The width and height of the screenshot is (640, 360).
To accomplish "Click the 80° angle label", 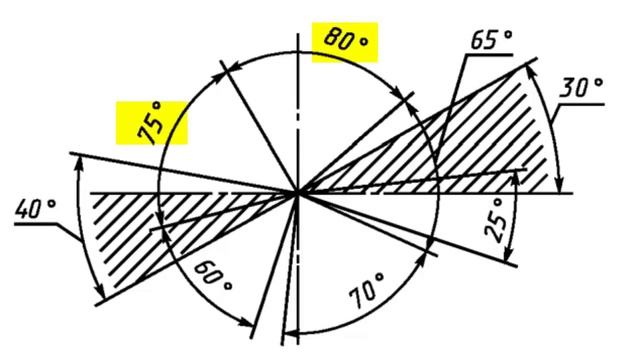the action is (345, 41).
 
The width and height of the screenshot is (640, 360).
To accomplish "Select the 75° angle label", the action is (151, 122).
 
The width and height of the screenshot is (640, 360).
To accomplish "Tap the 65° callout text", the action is (491, 40).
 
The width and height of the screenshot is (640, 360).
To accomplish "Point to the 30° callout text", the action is (581, 88).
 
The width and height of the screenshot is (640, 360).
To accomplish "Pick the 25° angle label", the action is (497, 220).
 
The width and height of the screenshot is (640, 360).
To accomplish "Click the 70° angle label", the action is (367, 291).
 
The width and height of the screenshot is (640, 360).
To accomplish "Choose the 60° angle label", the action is (213, 276).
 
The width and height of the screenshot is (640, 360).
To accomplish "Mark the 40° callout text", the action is (35, 209).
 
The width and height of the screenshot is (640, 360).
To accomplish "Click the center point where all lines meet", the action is (298, 193).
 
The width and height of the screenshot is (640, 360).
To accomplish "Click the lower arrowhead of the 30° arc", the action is (561, 184).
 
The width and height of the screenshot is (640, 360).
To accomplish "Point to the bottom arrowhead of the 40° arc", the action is (100, 291).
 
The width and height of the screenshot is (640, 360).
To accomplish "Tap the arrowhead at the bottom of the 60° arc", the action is (246, 322).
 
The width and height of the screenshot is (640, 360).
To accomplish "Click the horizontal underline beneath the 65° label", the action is (489, 54).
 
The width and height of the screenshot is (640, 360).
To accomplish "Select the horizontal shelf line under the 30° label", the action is (581, 104).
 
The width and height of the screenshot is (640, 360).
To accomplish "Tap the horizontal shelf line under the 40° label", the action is (35, 224).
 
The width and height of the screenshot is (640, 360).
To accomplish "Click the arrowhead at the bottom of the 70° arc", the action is (292, 332).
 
